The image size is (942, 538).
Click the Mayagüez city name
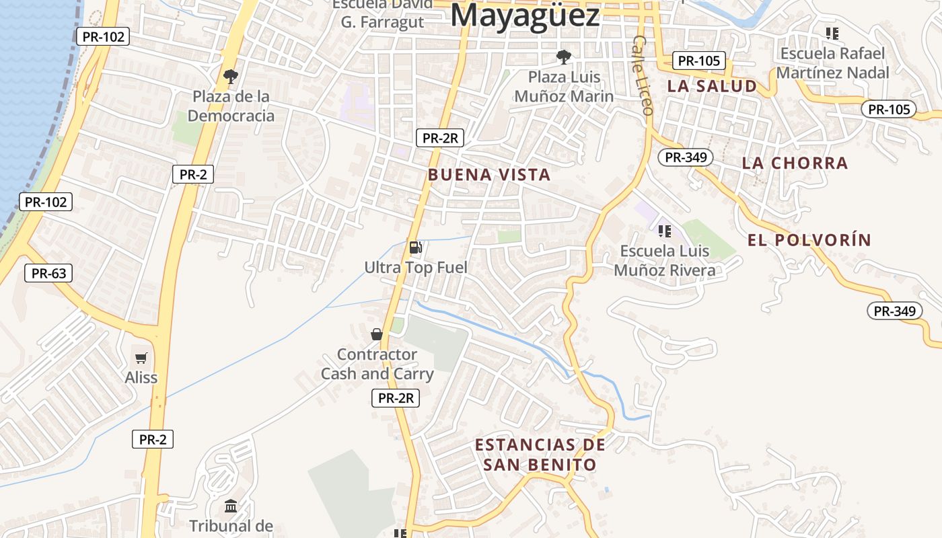click(x=525, y=15)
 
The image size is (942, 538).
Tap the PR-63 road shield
click(x=48, y=273)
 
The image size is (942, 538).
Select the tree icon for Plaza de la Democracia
click(x=231, y=75)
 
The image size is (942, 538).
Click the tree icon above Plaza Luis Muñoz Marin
click(x=564, y=56)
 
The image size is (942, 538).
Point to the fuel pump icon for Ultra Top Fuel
click(x=416, y=247)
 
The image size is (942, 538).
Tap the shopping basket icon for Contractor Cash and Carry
click(x=377, y=334)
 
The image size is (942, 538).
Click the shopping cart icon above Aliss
click(x=141, y=358)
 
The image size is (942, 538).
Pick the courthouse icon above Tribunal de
click(x=231, y=506)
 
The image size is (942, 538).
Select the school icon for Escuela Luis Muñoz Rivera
click(x=665, y=231)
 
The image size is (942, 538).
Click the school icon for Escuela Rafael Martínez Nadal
click(x=832, y=32)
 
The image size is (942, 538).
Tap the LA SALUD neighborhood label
click(x=712, y=86)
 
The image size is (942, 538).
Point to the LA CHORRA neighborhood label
click(x=795, y=163)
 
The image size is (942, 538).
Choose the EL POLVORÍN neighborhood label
click(x=809, y=240)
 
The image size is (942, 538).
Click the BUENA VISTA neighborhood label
click(x=489, y=175)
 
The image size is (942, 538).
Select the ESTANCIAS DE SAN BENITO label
click(x=540, y=455)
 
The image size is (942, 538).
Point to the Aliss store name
click(x=141, y=377)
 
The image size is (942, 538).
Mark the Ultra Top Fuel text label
click(x=416, y=267)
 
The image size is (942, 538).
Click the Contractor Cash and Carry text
click(x=377, y=364)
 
